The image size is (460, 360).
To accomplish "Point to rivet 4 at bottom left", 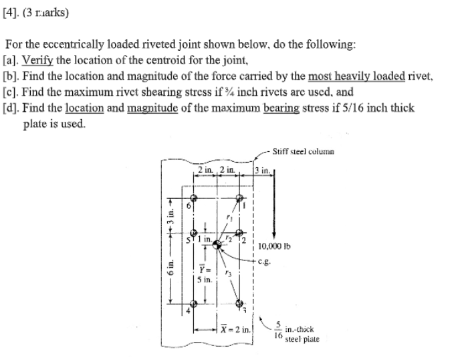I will [x=195, y=303].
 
